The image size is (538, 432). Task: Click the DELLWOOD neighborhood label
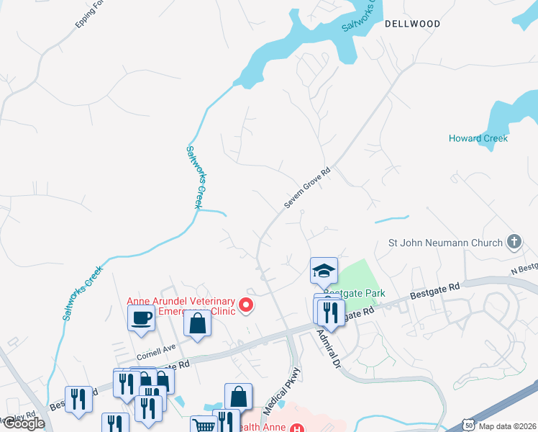(412, 24)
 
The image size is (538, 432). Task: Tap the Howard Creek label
(478, 138)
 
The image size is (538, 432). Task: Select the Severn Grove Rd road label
(306, 188)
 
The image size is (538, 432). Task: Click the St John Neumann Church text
(445, 243)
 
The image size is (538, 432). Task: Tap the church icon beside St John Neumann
(514, 242)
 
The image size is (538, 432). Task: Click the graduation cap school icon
(324, 271)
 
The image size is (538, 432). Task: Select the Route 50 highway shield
(468, 425)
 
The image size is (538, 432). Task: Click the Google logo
(23, 424)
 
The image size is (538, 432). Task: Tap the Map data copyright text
(508, 426)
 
